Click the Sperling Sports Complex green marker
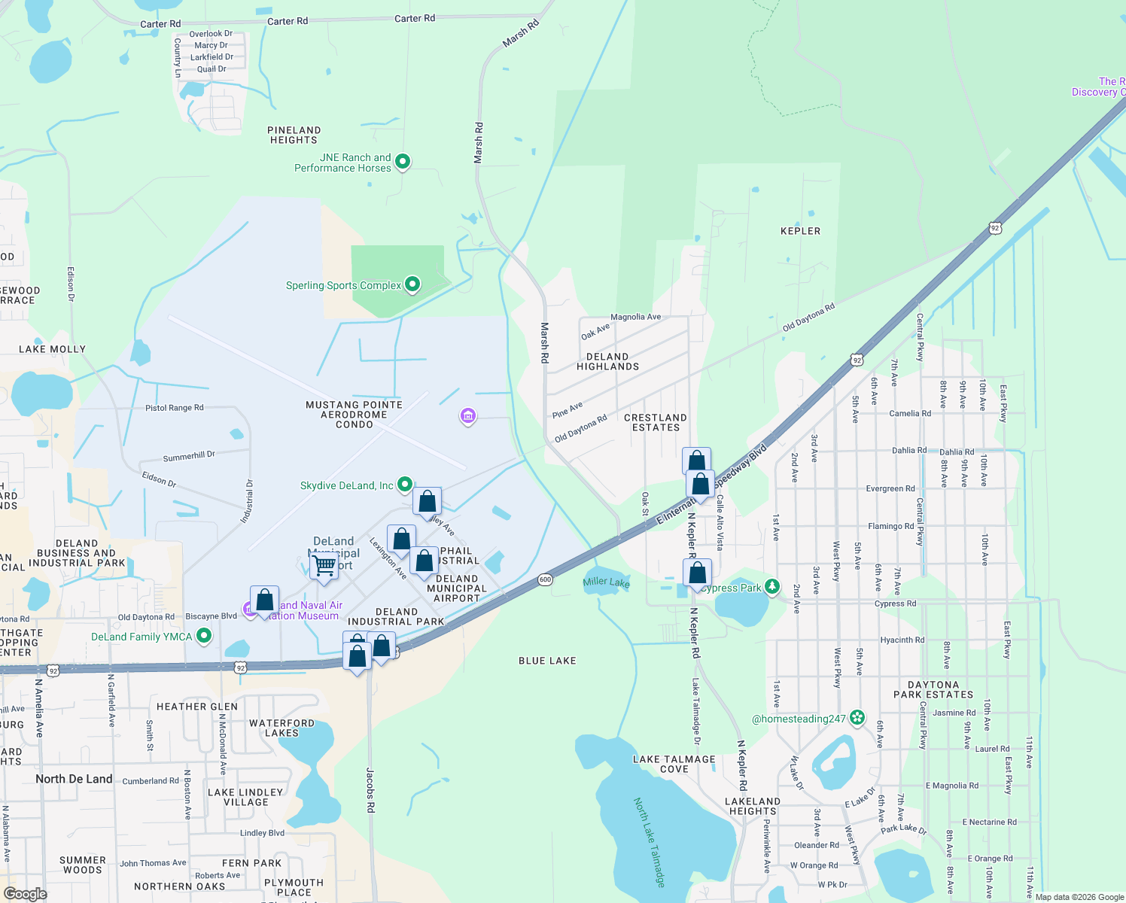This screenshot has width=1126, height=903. (x=412, y=284)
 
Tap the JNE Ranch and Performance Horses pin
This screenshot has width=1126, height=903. (x=403, y=161)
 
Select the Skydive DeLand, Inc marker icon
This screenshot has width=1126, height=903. (x=405, y=485)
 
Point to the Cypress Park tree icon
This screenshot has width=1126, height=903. (x=771, y=586)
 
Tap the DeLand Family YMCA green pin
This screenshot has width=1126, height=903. (x=203, y=637)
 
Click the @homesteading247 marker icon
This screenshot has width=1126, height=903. (x=857, y=718)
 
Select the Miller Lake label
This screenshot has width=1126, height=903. (x=606, y=582)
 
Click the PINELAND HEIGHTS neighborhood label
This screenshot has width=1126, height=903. (x=294, y=135)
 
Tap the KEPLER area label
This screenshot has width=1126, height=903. (x=800, y=231)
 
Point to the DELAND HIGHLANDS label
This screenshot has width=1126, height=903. (x=607, y=362)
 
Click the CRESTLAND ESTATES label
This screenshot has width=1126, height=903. (x=656, y=422)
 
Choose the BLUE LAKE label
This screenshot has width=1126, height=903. (x=547, y=661)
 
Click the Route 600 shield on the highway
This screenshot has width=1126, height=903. (x=545, y=579)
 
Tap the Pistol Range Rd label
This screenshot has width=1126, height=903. (x=174, y=408)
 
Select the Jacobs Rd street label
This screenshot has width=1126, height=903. (x=370, y=789)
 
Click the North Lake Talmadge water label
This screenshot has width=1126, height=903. (x=650, y=842)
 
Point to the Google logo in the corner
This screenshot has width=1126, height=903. (x=26, y=894)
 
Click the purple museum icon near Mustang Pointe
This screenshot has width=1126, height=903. (x=467, y=415)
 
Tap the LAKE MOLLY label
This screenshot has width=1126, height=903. (x=52, y=349)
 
